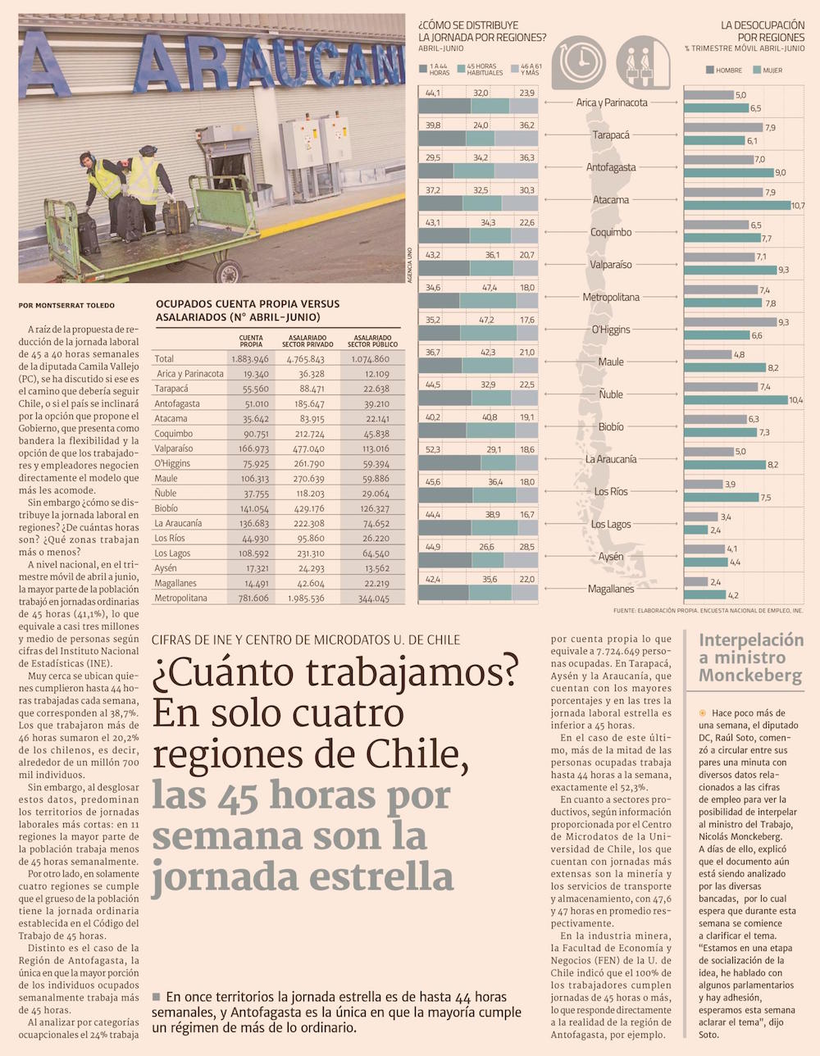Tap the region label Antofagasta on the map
tap(611, 167)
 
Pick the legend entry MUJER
tap(772, 71)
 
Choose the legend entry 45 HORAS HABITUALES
tap(484, 70)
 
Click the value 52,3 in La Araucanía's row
tap(433, 449)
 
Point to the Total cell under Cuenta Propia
tap(250, 359)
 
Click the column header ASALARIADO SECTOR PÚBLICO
tap(372, 340)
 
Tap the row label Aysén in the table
tap(166, 568)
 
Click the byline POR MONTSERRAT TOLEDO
tap(66, 306)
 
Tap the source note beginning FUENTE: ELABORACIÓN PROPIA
tap(708, 610)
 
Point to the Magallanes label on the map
tap(611, 589)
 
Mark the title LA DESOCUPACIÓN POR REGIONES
tap(763, 31)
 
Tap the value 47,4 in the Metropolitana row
tap(490, 288)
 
